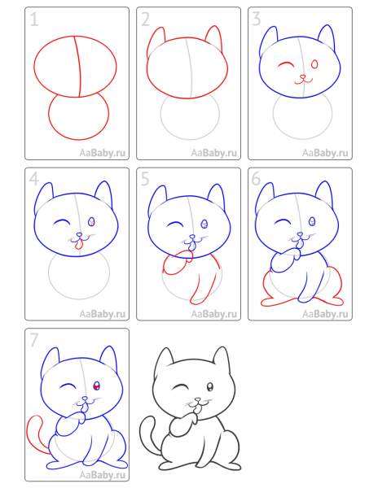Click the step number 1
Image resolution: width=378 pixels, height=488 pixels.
(34, 21)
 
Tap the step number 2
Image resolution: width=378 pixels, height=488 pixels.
(146, 21)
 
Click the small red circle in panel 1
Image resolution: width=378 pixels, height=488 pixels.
(78, 116)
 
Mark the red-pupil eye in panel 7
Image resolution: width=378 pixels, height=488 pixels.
(97, 386)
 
